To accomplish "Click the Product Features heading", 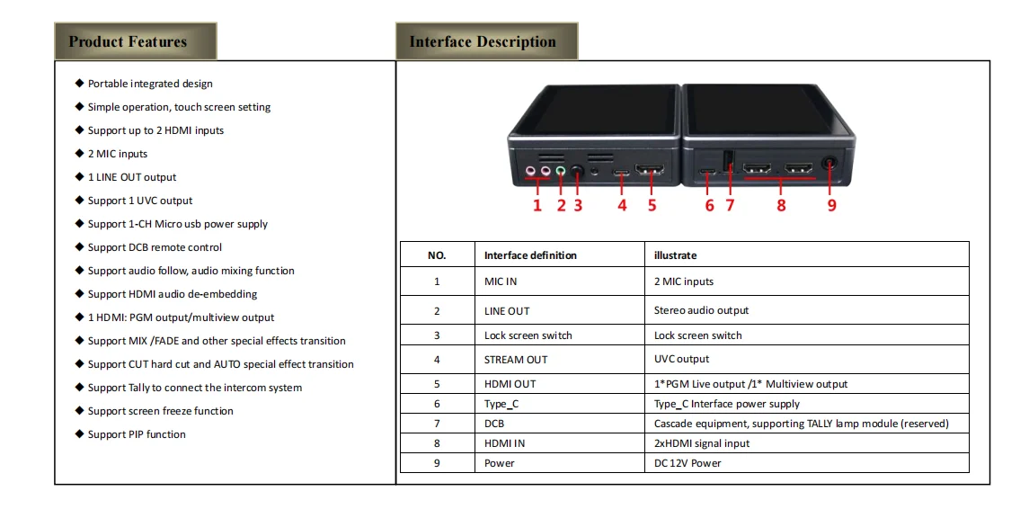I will point(128,41).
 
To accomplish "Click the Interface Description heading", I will point(483,41).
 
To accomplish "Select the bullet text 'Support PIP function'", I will point(137,434).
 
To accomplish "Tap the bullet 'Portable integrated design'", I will point(150,84).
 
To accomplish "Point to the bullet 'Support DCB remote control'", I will point(155,247).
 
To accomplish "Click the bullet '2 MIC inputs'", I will point(118,154).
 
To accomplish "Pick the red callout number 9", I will point(831,205).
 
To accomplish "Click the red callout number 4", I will point(622,205).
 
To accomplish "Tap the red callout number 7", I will point(730,205).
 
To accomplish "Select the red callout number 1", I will point(537,205).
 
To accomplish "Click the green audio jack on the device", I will point(561,168).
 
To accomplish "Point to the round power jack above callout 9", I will point(829,165).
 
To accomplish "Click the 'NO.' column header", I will point(437,255).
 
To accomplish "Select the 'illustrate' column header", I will point(676,255).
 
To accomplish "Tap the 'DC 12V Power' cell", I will point(687,463).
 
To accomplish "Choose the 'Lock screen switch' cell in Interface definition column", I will point(528,335).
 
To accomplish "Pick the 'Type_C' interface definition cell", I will point(501,405).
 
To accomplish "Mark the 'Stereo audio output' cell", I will point(701,310).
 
